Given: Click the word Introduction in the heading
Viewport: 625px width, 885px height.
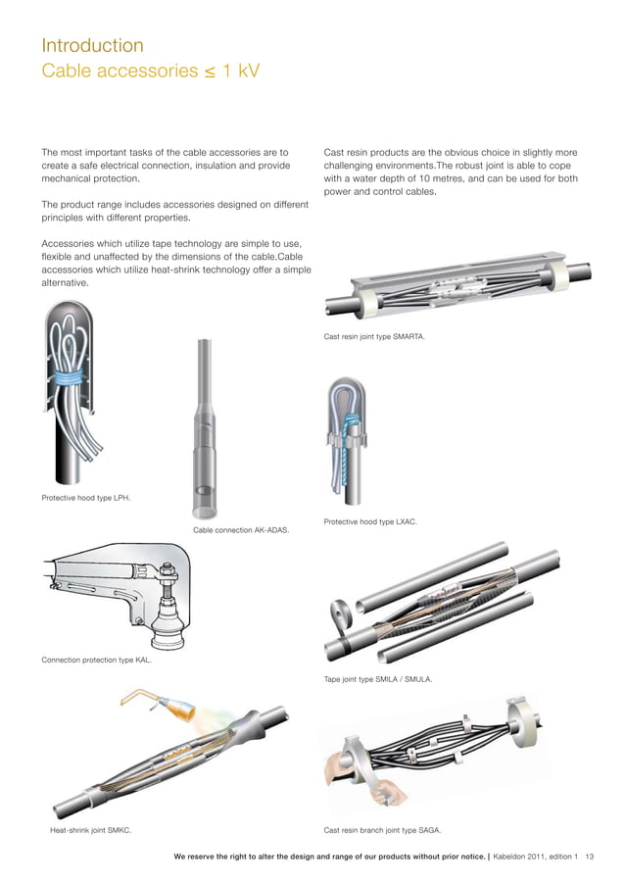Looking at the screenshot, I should pos(92,45).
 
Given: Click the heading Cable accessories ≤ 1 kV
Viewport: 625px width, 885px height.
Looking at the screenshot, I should pos(150,71).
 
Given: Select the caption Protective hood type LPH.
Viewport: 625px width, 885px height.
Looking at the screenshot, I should pos(86,498).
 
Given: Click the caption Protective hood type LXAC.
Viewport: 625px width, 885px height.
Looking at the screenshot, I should pos(370,521).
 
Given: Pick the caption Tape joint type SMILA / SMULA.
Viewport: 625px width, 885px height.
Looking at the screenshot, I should pos(378,678).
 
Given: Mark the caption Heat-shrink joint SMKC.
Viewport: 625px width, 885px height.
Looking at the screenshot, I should pos(91,830).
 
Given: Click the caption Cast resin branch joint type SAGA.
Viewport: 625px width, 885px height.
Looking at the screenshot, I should pos(382,830).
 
